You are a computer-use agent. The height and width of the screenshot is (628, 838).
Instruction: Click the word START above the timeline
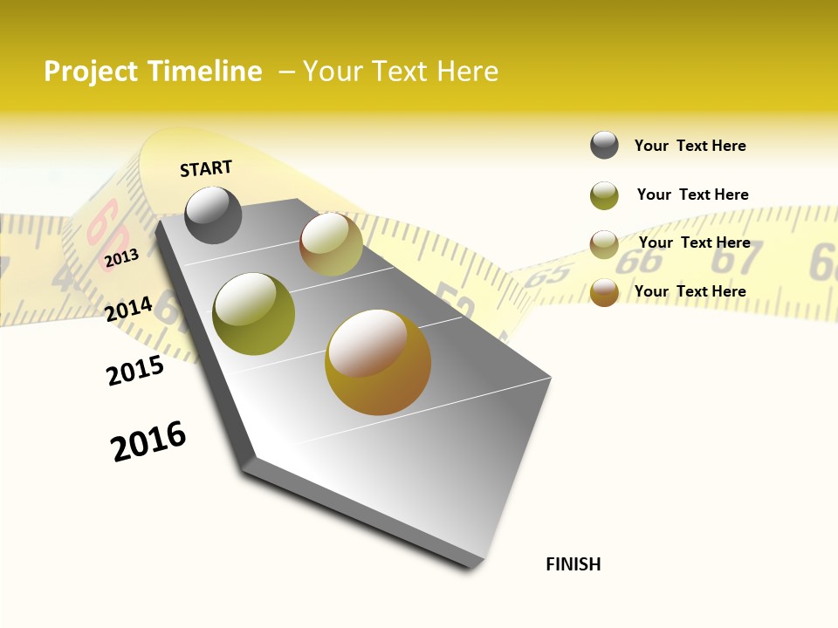206,168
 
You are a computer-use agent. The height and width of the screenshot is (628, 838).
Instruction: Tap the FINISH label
574,564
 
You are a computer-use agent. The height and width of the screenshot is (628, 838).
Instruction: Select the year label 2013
121,258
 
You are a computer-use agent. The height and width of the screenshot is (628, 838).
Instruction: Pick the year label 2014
129,310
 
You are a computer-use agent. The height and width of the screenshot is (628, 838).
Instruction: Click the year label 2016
148,441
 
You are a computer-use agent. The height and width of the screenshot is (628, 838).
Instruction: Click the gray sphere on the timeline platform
214,215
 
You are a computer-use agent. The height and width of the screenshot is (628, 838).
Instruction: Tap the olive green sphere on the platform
254,314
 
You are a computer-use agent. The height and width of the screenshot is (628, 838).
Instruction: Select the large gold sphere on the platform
378,362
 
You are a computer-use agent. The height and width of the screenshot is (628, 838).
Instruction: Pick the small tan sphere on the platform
331,244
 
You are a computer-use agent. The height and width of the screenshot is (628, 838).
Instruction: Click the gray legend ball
604,146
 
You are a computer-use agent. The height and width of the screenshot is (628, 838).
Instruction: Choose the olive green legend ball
604,195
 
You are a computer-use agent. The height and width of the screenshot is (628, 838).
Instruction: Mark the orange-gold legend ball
604,292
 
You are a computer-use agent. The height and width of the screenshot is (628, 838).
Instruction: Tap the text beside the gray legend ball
690,146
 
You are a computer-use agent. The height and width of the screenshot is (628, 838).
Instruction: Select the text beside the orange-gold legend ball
690,291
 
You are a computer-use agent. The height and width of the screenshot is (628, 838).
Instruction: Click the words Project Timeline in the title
153,72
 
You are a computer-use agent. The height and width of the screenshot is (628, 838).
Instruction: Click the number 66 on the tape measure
644,261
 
